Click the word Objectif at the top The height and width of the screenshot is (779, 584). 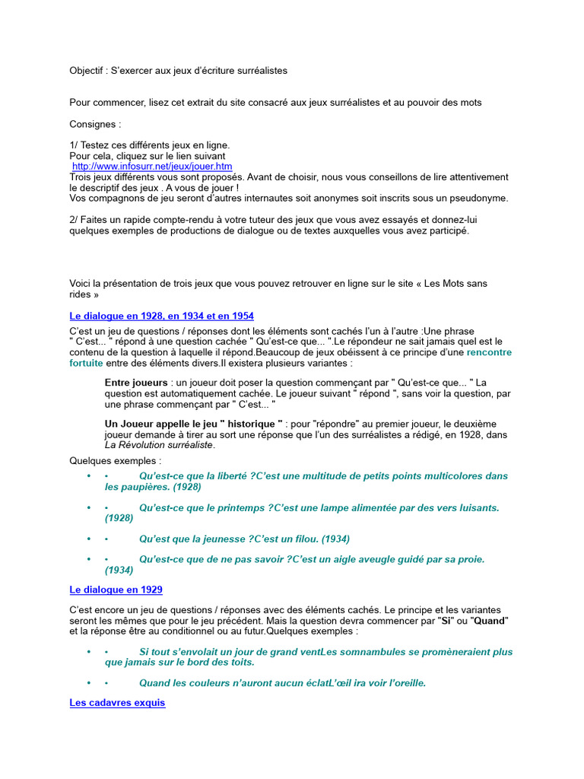(x=87, y=70)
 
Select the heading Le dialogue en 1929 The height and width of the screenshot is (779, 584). (x=116, y=590)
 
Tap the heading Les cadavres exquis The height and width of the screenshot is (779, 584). (x=117, y=703)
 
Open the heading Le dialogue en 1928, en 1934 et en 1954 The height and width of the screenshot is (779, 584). (x=161, y=315)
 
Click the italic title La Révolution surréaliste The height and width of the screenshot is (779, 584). (x=159, y=445)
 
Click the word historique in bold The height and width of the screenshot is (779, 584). (x=249, y=424)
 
